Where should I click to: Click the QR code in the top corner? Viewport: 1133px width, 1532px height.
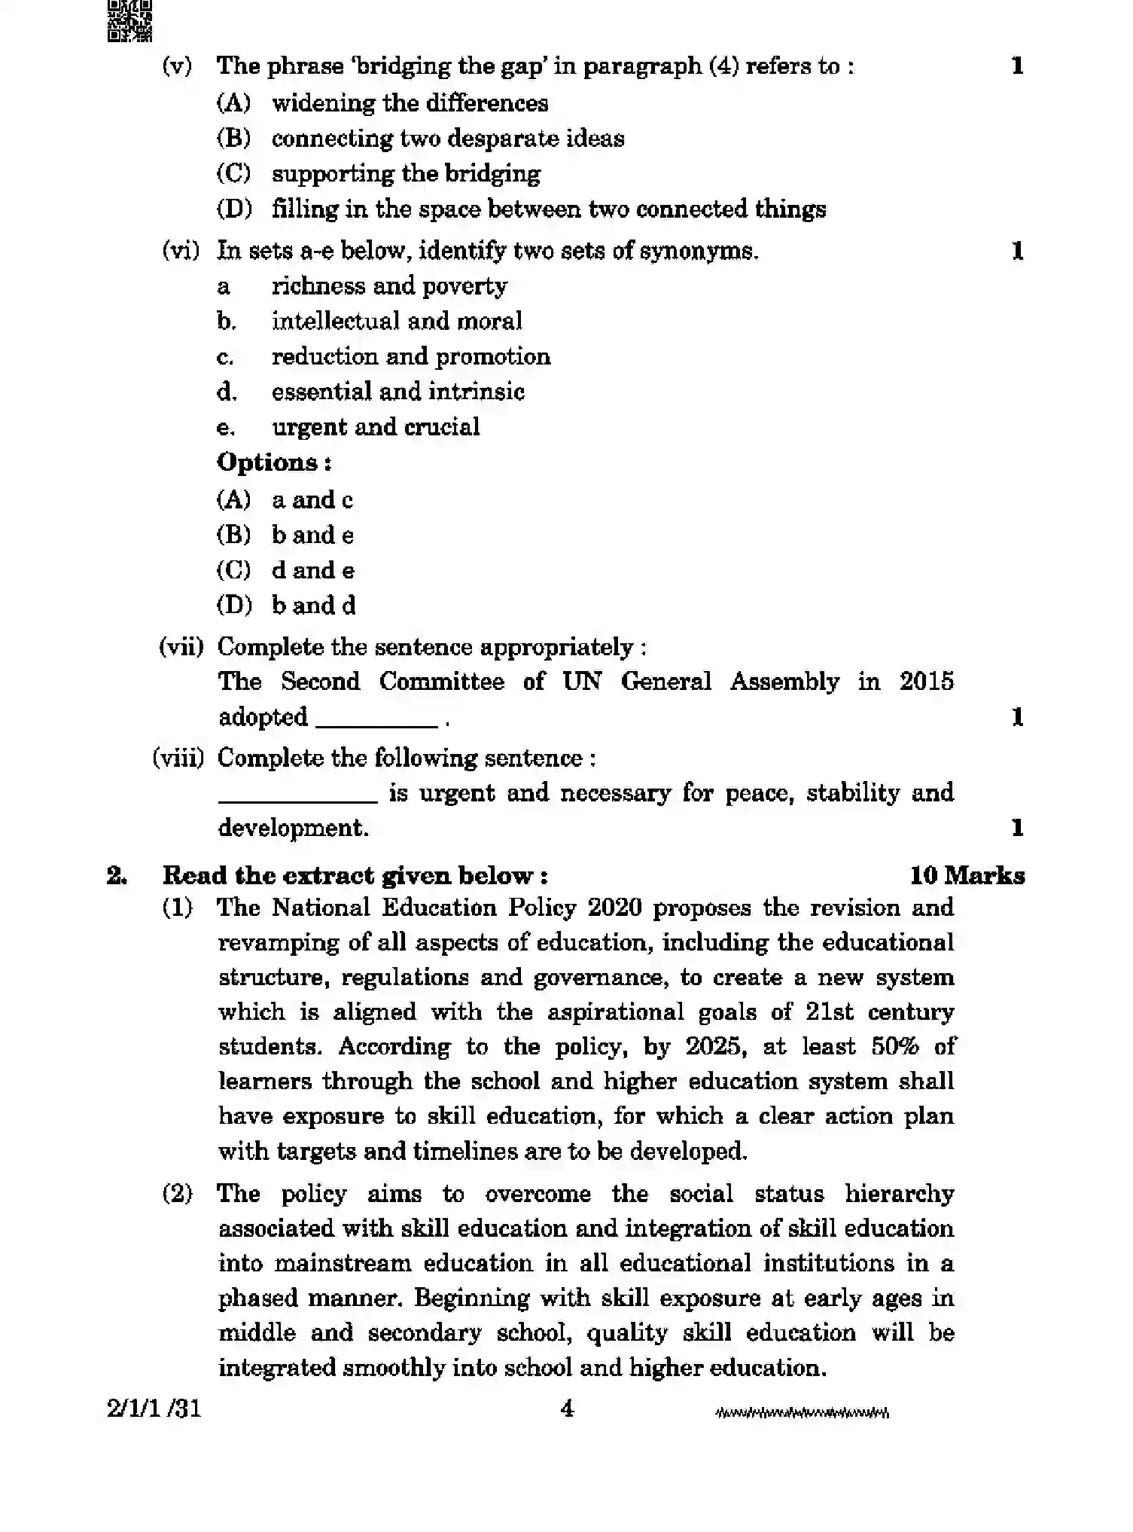coord(129,20)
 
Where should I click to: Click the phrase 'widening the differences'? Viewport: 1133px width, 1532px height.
coord(410,102)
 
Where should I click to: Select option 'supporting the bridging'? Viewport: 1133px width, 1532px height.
coord(406,173)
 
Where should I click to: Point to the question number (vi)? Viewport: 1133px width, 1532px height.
coord(181,250)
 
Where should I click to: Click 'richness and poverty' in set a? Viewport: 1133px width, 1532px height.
coord(389,286)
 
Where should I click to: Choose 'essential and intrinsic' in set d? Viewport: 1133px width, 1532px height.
coord(397,392)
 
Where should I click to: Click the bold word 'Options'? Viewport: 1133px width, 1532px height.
coord(269,462)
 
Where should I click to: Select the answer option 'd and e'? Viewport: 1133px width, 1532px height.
coord(312,570)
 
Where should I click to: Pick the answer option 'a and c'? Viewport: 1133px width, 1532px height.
coord(312,500)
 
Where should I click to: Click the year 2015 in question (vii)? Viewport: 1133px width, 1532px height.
coord(926,682)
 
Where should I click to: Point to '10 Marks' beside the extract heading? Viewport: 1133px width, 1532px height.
coord(967,875)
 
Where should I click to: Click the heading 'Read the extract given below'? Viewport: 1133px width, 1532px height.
coord(355,875)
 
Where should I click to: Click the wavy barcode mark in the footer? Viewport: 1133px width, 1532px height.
coord(802,1412)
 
